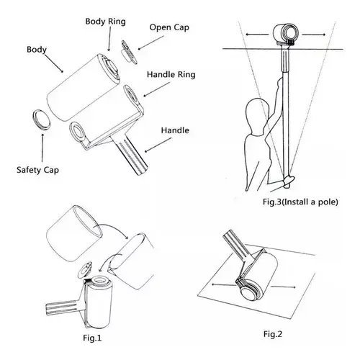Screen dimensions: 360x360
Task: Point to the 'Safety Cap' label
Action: pos(37,171)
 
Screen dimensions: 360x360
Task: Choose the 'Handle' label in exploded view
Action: pos(176,130)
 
